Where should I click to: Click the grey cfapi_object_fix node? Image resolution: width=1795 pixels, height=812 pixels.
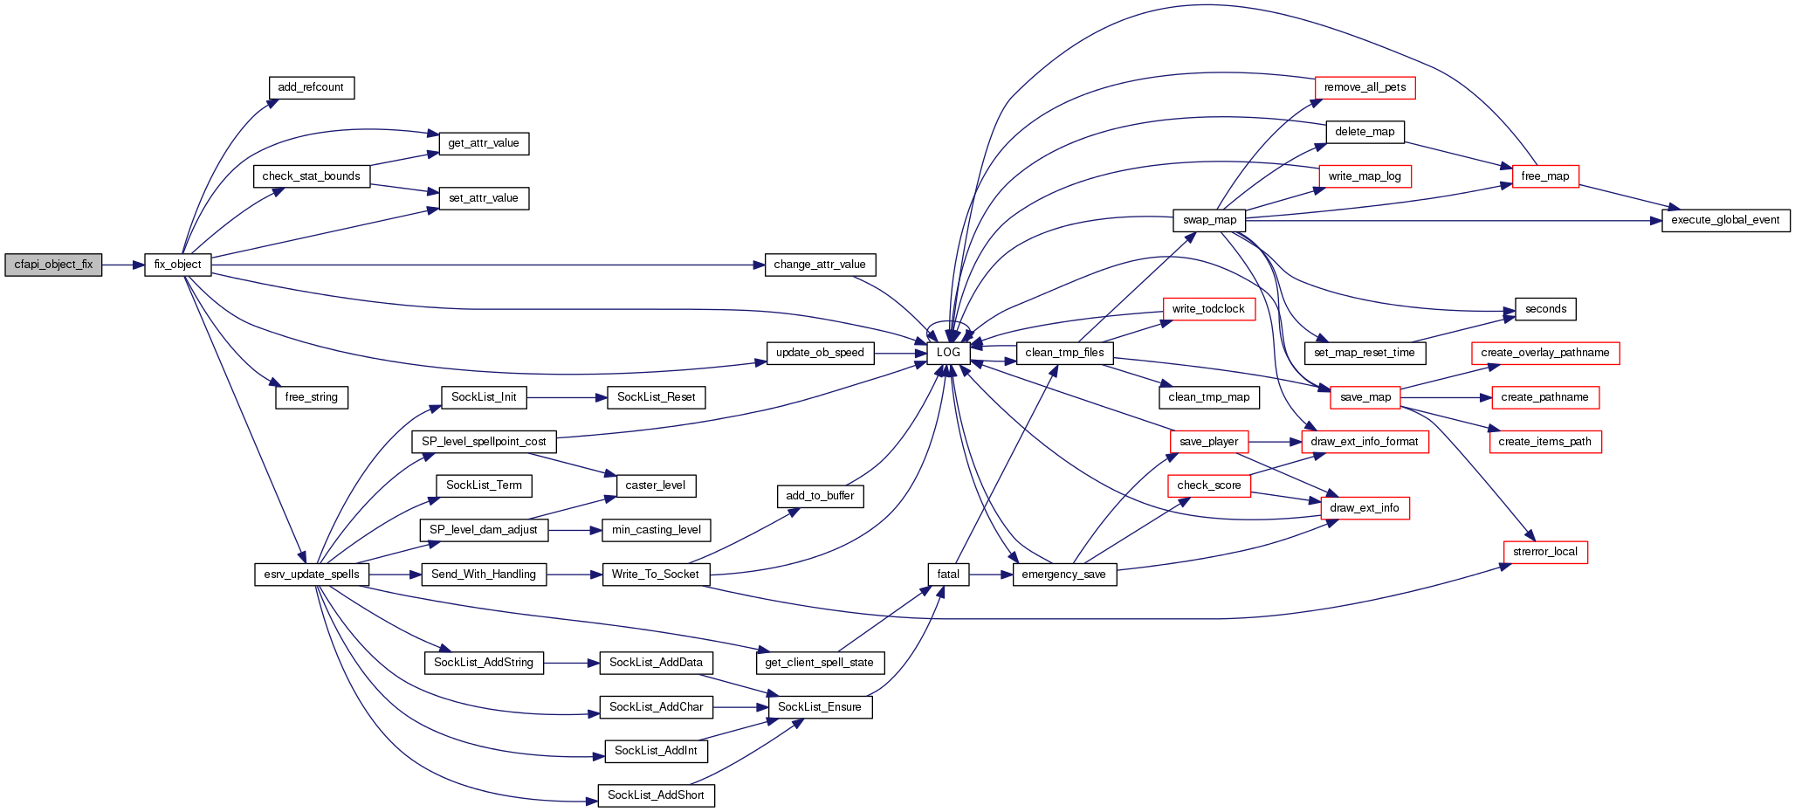[53, 265]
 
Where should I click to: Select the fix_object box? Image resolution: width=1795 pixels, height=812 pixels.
[177, 265]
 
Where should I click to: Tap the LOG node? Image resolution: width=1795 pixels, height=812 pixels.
[948, 353]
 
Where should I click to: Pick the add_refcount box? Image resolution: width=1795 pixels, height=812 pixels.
[311, 87]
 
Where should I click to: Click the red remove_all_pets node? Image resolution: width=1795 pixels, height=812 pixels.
[1365, 87]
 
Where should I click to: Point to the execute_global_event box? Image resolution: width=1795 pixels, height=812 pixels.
[1725, 220]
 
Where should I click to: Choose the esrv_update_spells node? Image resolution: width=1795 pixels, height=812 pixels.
[312, 575]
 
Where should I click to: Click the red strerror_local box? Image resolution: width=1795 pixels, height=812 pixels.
[1545, 552]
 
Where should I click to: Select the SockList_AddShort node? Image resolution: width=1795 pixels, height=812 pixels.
[656, 795]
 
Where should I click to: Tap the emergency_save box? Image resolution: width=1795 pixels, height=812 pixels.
[1063, 575]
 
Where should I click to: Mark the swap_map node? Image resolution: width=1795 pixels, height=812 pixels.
[1209, 220]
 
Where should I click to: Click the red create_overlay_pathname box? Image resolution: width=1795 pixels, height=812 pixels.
[1544, 353]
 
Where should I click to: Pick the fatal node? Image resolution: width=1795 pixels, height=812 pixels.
[948, 575]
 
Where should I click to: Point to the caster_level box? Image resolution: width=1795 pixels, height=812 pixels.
[656, 485]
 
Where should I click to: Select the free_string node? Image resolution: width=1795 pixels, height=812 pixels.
[311, 397]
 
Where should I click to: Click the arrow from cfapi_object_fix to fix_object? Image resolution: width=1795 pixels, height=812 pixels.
[123, 265]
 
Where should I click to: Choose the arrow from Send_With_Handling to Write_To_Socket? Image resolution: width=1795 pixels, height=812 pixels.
[574, 575]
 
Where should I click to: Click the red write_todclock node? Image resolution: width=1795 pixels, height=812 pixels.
[1208, 309]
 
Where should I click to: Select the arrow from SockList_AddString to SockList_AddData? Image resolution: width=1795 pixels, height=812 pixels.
[571, 663]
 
